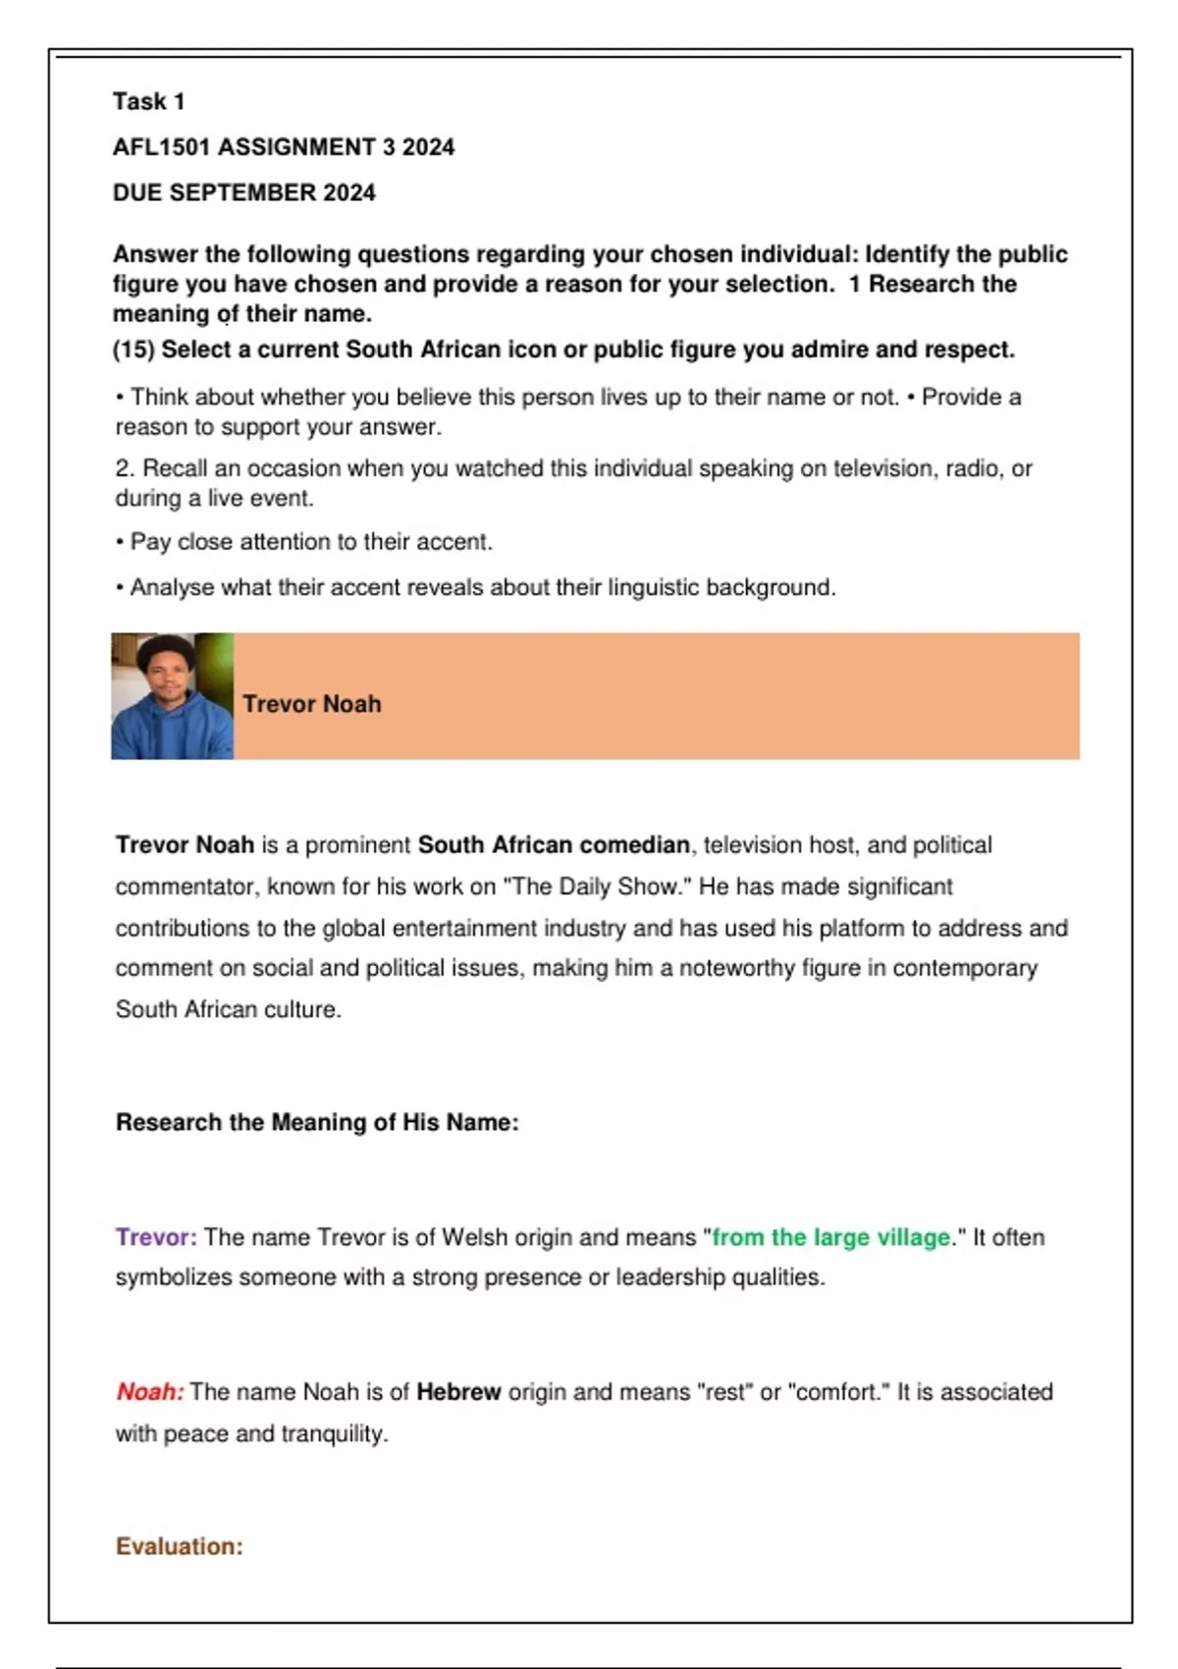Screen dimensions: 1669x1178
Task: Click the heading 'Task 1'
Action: (148, 101)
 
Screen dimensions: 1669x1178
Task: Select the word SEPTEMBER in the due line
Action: (242, 192)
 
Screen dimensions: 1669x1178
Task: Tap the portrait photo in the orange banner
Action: (172, 696)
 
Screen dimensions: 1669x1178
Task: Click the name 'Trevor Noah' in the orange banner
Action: (311, 704)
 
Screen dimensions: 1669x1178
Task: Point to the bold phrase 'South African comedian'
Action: (554, 845)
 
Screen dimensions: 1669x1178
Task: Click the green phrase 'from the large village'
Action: (830, 1237)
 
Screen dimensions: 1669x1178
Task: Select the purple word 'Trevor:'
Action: (156, 1237)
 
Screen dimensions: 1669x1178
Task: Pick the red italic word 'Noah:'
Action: (150, 1392)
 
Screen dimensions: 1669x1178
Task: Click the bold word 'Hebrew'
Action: (458, 1392)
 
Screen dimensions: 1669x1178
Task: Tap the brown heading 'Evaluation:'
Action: (179, 1546)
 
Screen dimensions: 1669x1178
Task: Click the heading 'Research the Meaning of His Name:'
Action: (317, 1122)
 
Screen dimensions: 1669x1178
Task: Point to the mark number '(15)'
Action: (134, 350)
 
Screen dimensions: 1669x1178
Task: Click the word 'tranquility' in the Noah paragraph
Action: (333, 1433)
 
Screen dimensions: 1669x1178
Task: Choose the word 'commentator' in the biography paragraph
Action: (186, 887)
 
